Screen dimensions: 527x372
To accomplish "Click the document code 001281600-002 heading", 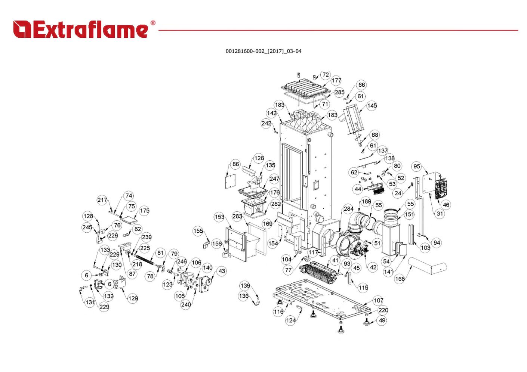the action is click(x=263, y=51).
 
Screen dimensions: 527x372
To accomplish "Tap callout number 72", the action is click(x=326, y=75).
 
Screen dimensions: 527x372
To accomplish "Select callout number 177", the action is click(x=336, y=80).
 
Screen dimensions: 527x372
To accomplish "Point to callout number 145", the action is click(x=372, y=106).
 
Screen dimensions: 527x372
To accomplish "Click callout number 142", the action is click(x=271, y=113).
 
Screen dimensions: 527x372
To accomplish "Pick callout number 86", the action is click(x=235, y=164).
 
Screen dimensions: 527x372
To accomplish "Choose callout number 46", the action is click(x=446, y=205).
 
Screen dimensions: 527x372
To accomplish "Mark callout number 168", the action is click(x=400, y=279).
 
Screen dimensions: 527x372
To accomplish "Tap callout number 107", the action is click(x=379, y=301).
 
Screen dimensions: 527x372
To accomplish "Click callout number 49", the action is click(x=382, y=320).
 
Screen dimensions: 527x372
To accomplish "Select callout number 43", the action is click(x=222, y=271).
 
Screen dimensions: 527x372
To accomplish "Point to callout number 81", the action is click(x=160, y=253).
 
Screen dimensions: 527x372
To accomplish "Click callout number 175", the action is click(x=144, y=210).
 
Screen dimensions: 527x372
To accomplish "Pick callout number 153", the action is click(x=219, y=217).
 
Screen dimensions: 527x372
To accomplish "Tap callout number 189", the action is click(x=366, y=202).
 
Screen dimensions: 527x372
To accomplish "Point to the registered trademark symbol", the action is click(x=153, y=23).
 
